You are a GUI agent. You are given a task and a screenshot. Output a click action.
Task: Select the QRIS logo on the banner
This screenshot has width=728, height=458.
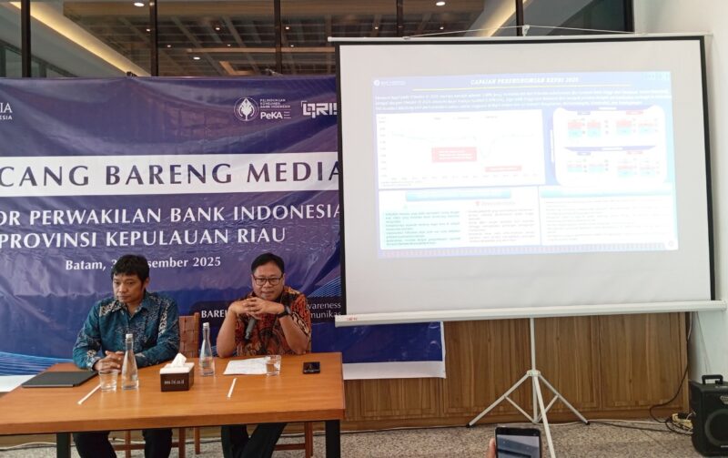click(x=318, y=109)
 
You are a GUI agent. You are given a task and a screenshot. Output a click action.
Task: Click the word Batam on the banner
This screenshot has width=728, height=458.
click(x=86, y=264)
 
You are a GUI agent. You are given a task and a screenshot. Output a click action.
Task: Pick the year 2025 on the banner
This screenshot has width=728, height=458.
click(x=201, y=262)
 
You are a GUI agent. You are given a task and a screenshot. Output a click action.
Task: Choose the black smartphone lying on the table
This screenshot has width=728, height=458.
click(x=311, y=367)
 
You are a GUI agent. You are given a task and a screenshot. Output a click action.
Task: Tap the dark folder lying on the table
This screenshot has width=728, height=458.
click(x=59, y=378)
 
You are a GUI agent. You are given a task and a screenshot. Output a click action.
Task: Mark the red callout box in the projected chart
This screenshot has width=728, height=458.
click(x=454, y=154)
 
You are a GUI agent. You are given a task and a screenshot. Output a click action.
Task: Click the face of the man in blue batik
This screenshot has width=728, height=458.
click(x=130, y=280)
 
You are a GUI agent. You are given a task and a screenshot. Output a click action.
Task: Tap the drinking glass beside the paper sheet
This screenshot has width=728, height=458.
click(x=273, y=364)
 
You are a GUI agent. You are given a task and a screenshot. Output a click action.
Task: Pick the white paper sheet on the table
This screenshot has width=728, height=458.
click(x=246, y=366)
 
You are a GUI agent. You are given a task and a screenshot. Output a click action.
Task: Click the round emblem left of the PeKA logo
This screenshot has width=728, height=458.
click(x=246, y=109)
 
